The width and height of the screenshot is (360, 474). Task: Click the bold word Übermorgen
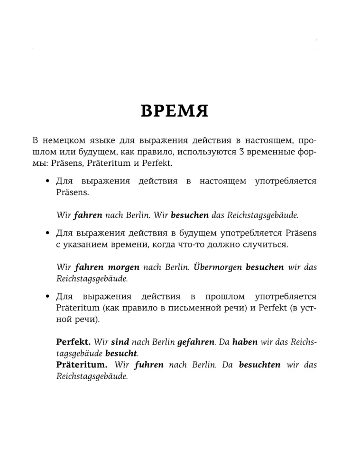(217, 267)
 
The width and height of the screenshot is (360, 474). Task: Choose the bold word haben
(245, 341)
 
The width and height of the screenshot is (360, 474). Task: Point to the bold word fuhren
(149, 365)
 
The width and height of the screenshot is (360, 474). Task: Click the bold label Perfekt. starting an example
(74, 341)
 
